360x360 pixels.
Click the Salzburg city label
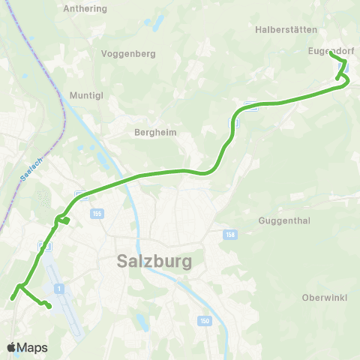point(154,262)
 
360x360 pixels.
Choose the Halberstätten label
point(280,29)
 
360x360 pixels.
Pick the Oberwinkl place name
point(324,297)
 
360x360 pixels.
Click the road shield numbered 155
point(97,214)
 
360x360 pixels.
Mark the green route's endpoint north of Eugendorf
point(331,53)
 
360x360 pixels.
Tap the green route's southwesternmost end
point(12,299)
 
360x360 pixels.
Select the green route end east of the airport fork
point(49,306)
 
